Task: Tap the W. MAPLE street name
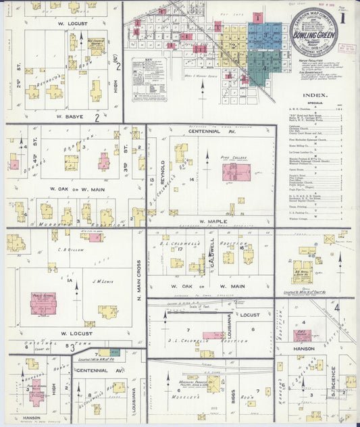pyautogui.click(x=211, y=221)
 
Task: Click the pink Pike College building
pyautogui.click(x=236, y=172)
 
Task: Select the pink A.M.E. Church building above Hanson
pyautogui.click(x=303, y=335)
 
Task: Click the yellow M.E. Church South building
pyautogui.click(x=96, y=46)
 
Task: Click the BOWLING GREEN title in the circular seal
pyautogui.click(x=315, y=30)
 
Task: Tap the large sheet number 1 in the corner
pyautogui.click(x=346, y=15)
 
